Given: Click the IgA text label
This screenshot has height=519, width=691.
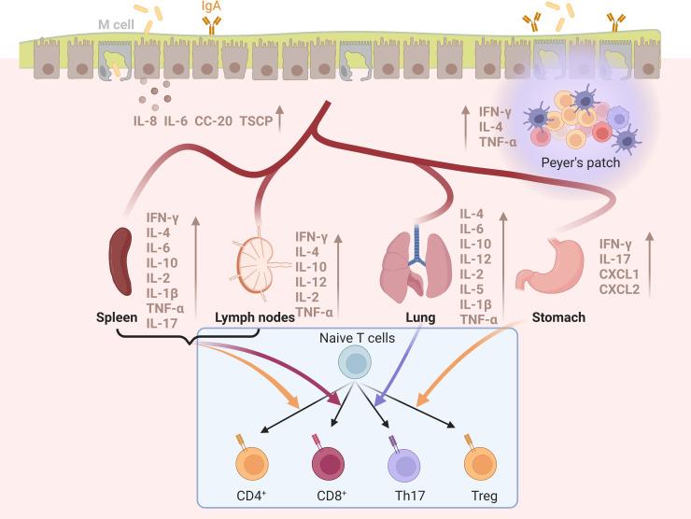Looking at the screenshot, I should point(213,7).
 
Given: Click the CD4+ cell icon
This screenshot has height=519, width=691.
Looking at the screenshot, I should point(253,459).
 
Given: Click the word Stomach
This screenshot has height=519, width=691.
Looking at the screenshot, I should point(558,318).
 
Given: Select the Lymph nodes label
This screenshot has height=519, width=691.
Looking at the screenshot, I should point(255,318).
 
